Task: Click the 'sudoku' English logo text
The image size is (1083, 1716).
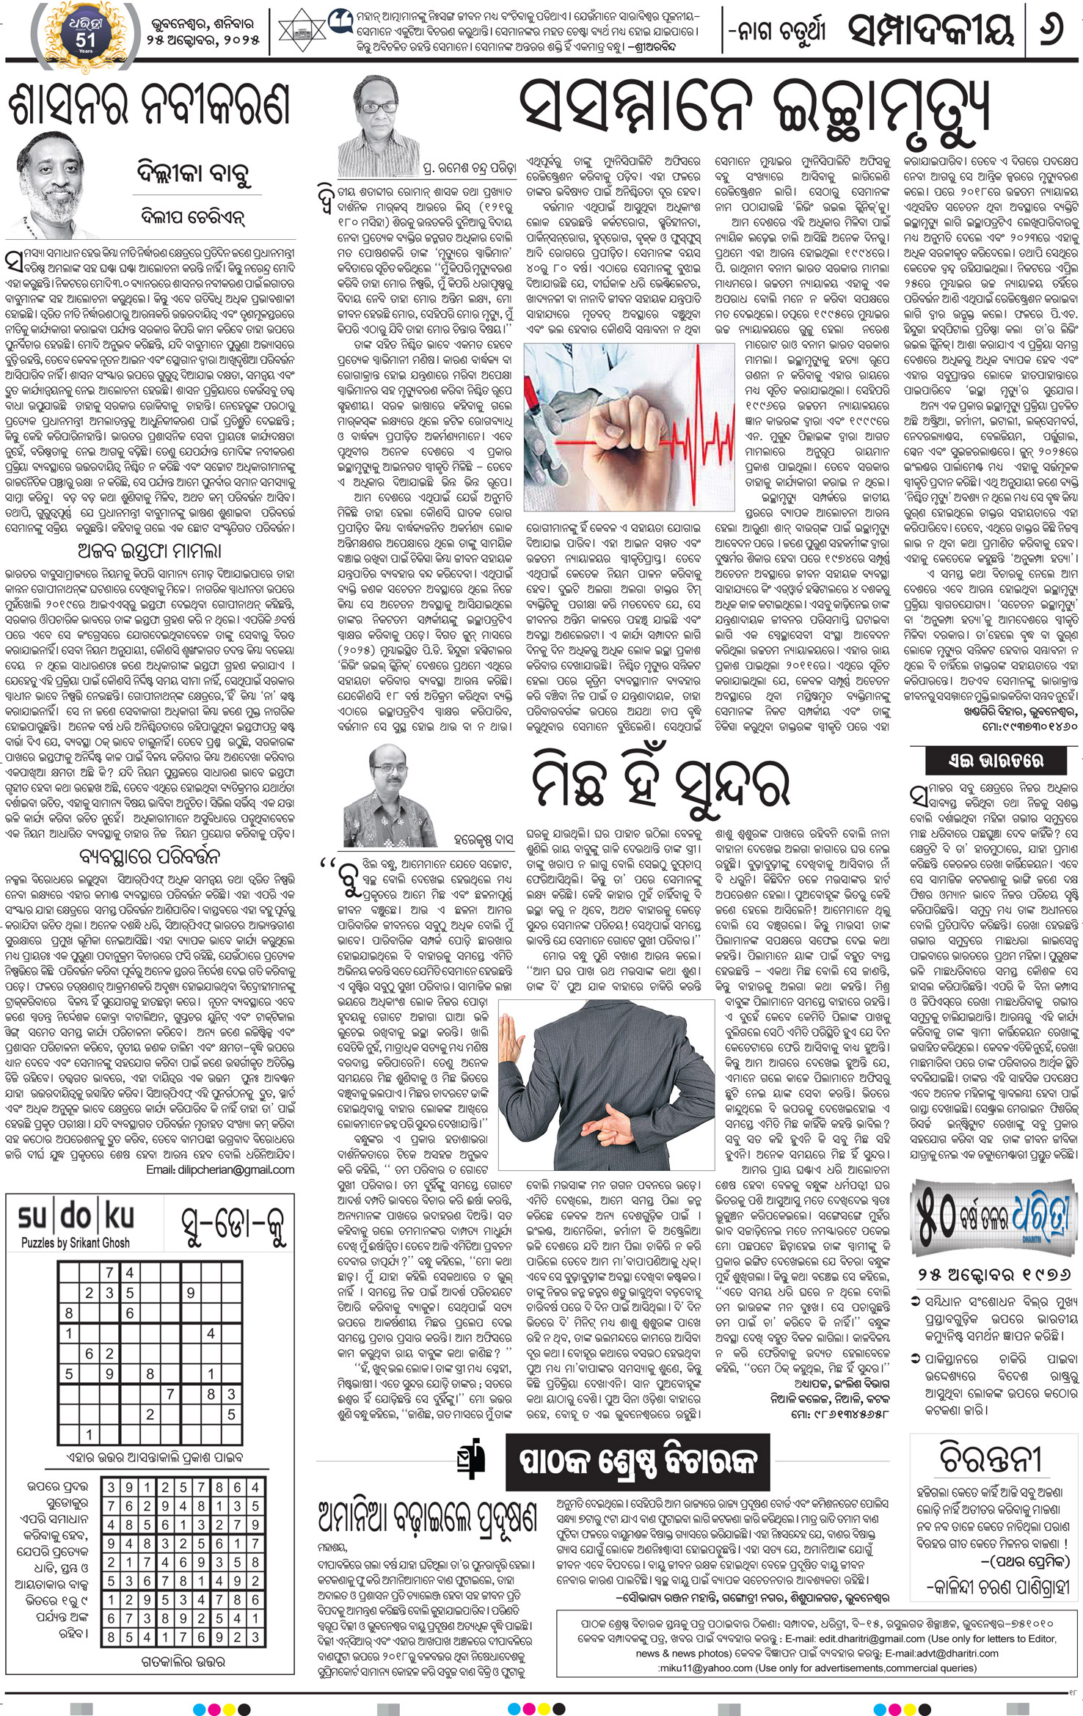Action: tap(76, 1217)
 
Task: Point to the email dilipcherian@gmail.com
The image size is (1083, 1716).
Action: tap(220, 1169)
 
